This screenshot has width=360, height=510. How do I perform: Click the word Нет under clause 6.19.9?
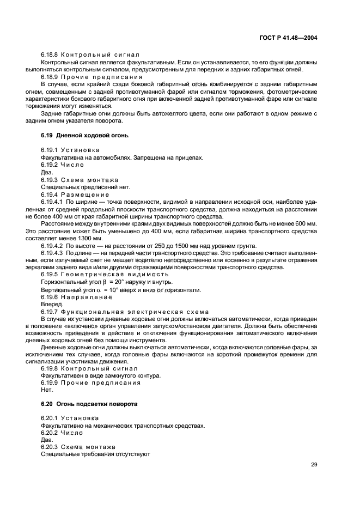coord(46,390)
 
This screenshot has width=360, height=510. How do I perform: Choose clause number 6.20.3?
coord(50,447)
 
